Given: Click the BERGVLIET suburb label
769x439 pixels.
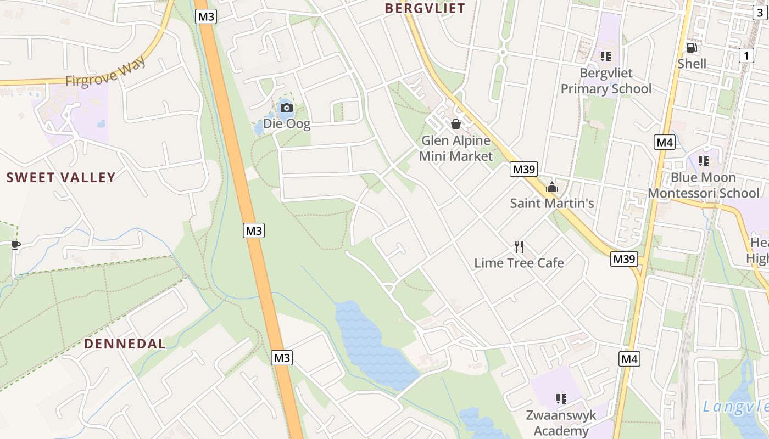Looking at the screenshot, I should point(425,8).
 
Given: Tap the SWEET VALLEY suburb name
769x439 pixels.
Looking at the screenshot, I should point(61,177).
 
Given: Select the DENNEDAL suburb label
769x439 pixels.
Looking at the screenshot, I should point(125,344).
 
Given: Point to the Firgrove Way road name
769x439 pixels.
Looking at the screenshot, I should point(106,71).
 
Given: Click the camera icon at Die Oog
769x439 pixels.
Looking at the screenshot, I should point(286,108).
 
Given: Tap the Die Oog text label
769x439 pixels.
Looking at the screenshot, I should point(287,123).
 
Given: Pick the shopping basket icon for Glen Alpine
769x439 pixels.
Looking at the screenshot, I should point(455,125).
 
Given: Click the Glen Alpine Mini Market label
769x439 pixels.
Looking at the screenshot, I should point(456,148).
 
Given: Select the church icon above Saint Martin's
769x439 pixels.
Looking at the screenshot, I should point(552,188).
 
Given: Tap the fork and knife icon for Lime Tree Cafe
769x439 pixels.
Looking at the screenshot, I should point(519,247).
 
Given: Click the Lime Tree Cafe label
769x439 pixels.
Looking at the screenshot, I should point(519,263).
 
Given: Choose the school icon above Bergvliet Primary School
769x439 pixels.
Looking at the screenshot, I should point(606,57).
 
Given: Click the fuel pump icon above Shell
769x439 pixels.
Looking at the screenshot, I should point(692,48).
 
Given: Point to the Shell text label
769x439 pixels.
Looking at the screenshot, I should point(692,64).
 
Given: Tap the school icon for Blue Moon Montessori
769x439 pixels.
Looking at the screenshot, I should point(703,161).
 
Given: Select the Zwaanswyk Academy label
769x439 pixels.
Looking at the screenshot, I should point(561,423).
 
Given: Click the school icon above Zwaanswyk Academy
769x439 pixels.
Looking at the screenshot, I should point(561,398).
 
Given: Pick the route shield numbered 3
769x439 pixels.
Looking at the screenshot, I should point(760,14).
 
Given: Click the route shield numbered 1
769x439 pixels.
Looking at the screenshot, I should point(746,55).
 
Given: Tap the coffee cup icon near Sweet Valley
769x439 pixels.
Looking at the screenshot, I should point(15,245).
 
